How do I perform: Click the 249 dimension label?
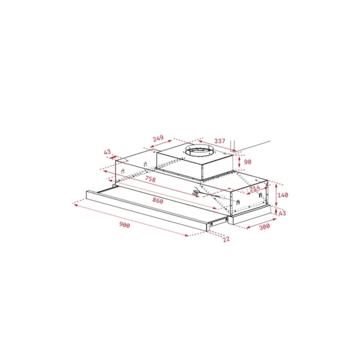158,138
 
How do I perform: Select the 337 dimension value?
219,140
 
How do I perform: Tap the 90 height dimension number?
247,162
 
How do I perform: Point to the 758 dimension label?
150,179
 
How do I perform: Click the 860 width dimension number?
157,200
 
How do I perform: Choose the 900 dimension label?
124,225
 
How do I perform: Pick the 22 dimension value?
226,239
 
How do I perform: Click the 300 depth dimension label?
264,226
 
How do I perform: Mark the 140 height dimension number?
282,195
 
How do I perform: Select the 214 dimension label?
254,188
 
